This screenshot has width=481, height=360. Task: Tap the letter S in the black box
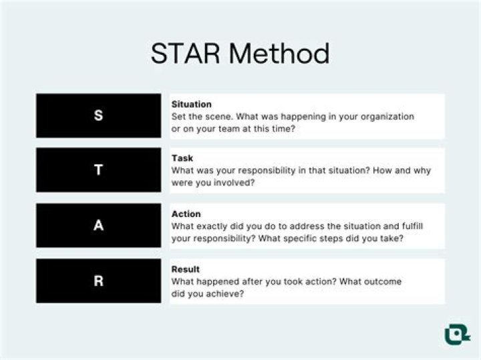pos(98,116)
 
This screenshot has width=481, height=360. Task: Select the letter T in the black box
pos(98,170)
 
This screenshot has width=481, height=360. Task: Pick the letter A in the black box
pos(98,226)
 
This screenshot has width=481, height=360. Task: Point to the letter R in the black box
pos(98,281)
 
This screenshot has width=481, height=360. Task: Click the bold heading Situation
pos(191,104)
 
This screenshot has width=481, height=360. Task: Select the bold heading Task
pos(182,158)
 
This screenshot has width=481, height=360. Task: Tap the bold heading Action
pos(186,214)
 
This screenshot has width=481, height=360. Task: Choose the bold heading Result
pos(185,269)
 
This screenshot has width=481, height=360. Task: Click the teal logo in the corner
pos(457,334)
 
